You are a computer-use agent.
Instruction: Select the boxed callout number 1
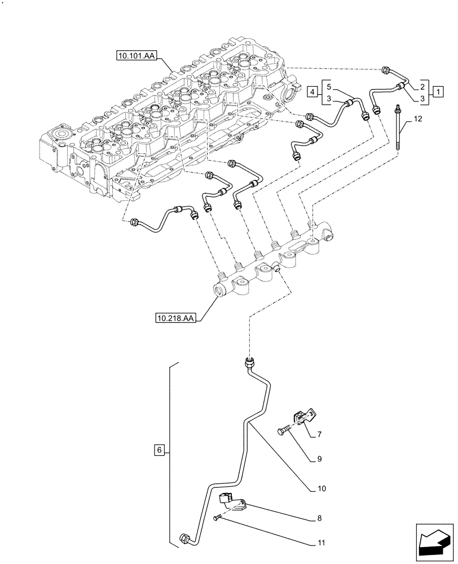[437, 91]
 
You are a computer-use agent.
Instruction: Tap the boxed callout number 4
[313, 91]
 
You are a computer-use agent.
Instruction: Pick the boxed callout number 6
[160, 450]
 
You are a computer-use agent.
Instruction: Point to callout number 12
[417, 119]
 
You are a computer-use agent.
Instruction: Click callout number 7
[319, 435]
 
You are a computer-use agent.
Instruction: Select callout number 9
[319, 460]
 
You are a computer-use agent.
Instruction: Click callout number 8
[319, 517]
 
